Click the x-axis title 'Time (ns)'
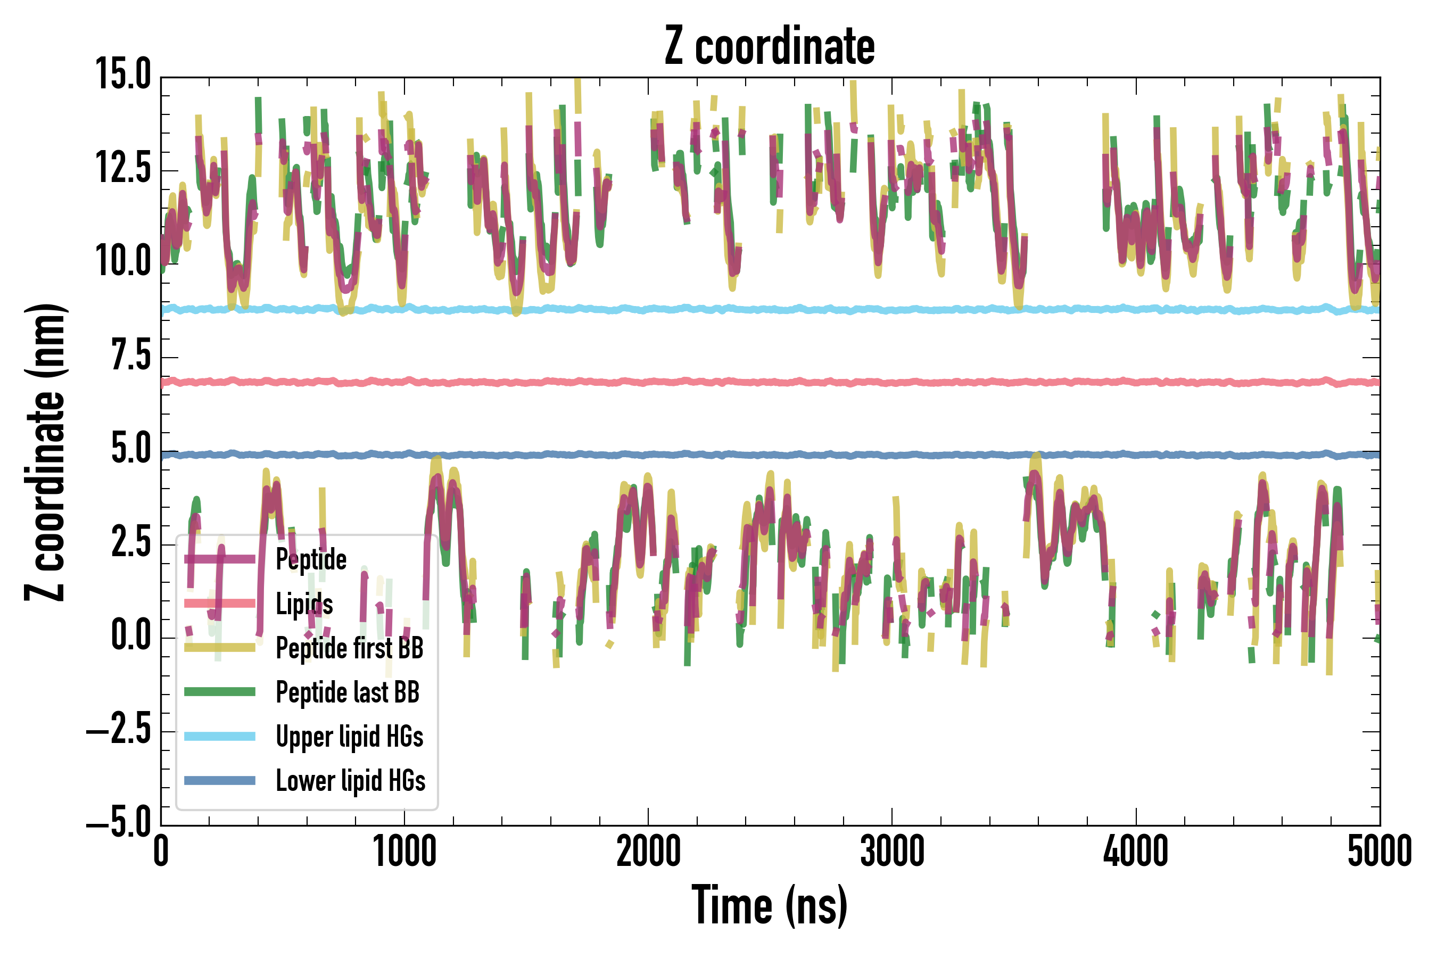click(770, 905)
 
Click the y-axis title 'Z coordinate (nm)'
click(45, 452)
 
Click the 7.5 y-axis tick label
click(131, 356)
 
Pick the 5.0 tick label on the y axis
click(131, 449)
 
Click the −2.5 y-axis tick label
click(119, 730)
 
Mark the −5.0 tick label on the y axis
click(119, 823)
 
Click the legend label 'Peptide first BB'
click(350, 648)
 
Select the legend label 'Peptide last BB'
click(348, 692)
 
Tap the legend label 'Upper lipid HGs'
click(350, 737)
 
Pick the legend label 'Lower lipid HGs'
click(351, 781)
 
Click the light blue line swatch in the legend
click(220, 736)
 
